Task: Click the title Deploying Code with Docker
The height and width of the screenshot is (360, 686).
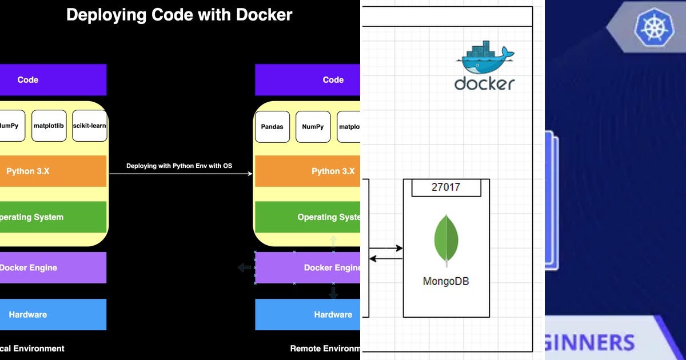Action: [179, 15]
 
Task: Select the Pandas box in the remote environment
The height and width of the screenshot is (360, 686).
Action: [272, 126]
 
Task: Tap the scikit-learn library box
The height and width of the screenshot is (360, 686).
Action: [90, 126]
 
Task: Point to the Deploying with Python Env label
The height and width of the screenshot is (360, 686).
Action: [180, 166]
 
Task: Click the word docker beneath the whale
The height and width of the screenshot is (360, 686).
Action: [485, 83]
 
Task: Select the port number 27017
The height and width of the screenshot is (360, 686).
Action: [445, 187]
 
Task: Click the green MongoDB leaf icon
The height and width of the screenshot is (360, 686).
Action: [446, 240]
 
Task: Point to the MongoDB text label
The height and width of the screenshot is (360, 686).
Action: [446, 281]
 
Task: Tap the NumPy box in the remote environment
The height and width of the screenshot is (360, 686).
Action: [313, 126]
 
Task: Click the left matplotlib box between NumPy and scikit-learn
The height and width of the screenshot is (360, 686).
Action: [49, 126]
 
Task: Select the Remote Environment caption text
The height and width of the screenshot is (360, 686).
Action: [325, 348]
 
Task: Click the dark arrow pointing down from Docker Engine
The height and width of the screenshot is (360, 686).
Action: [333, 293]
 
